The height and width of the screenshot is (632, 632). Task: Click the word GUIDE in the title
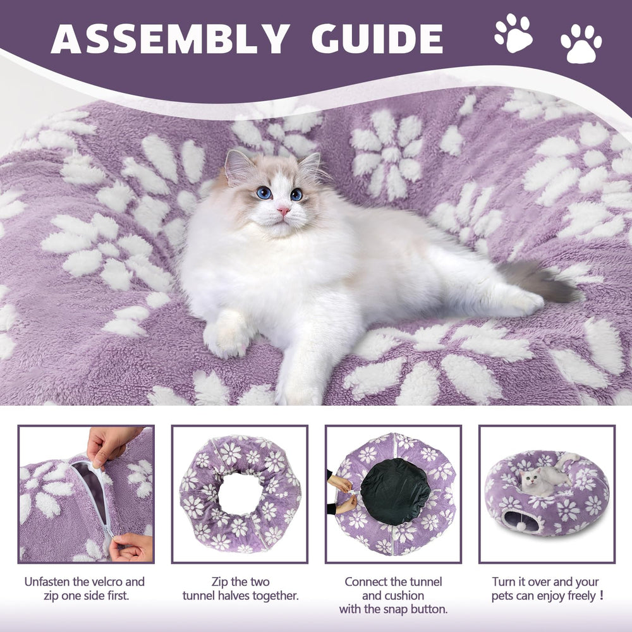[377, 39]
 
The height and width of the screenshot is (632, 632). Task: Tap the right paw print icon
[581, 44]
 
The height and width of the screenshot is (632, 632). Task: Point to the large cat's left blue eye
[264, 192]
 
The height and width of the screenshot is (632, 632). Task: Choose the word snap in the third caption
[404, 609]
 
